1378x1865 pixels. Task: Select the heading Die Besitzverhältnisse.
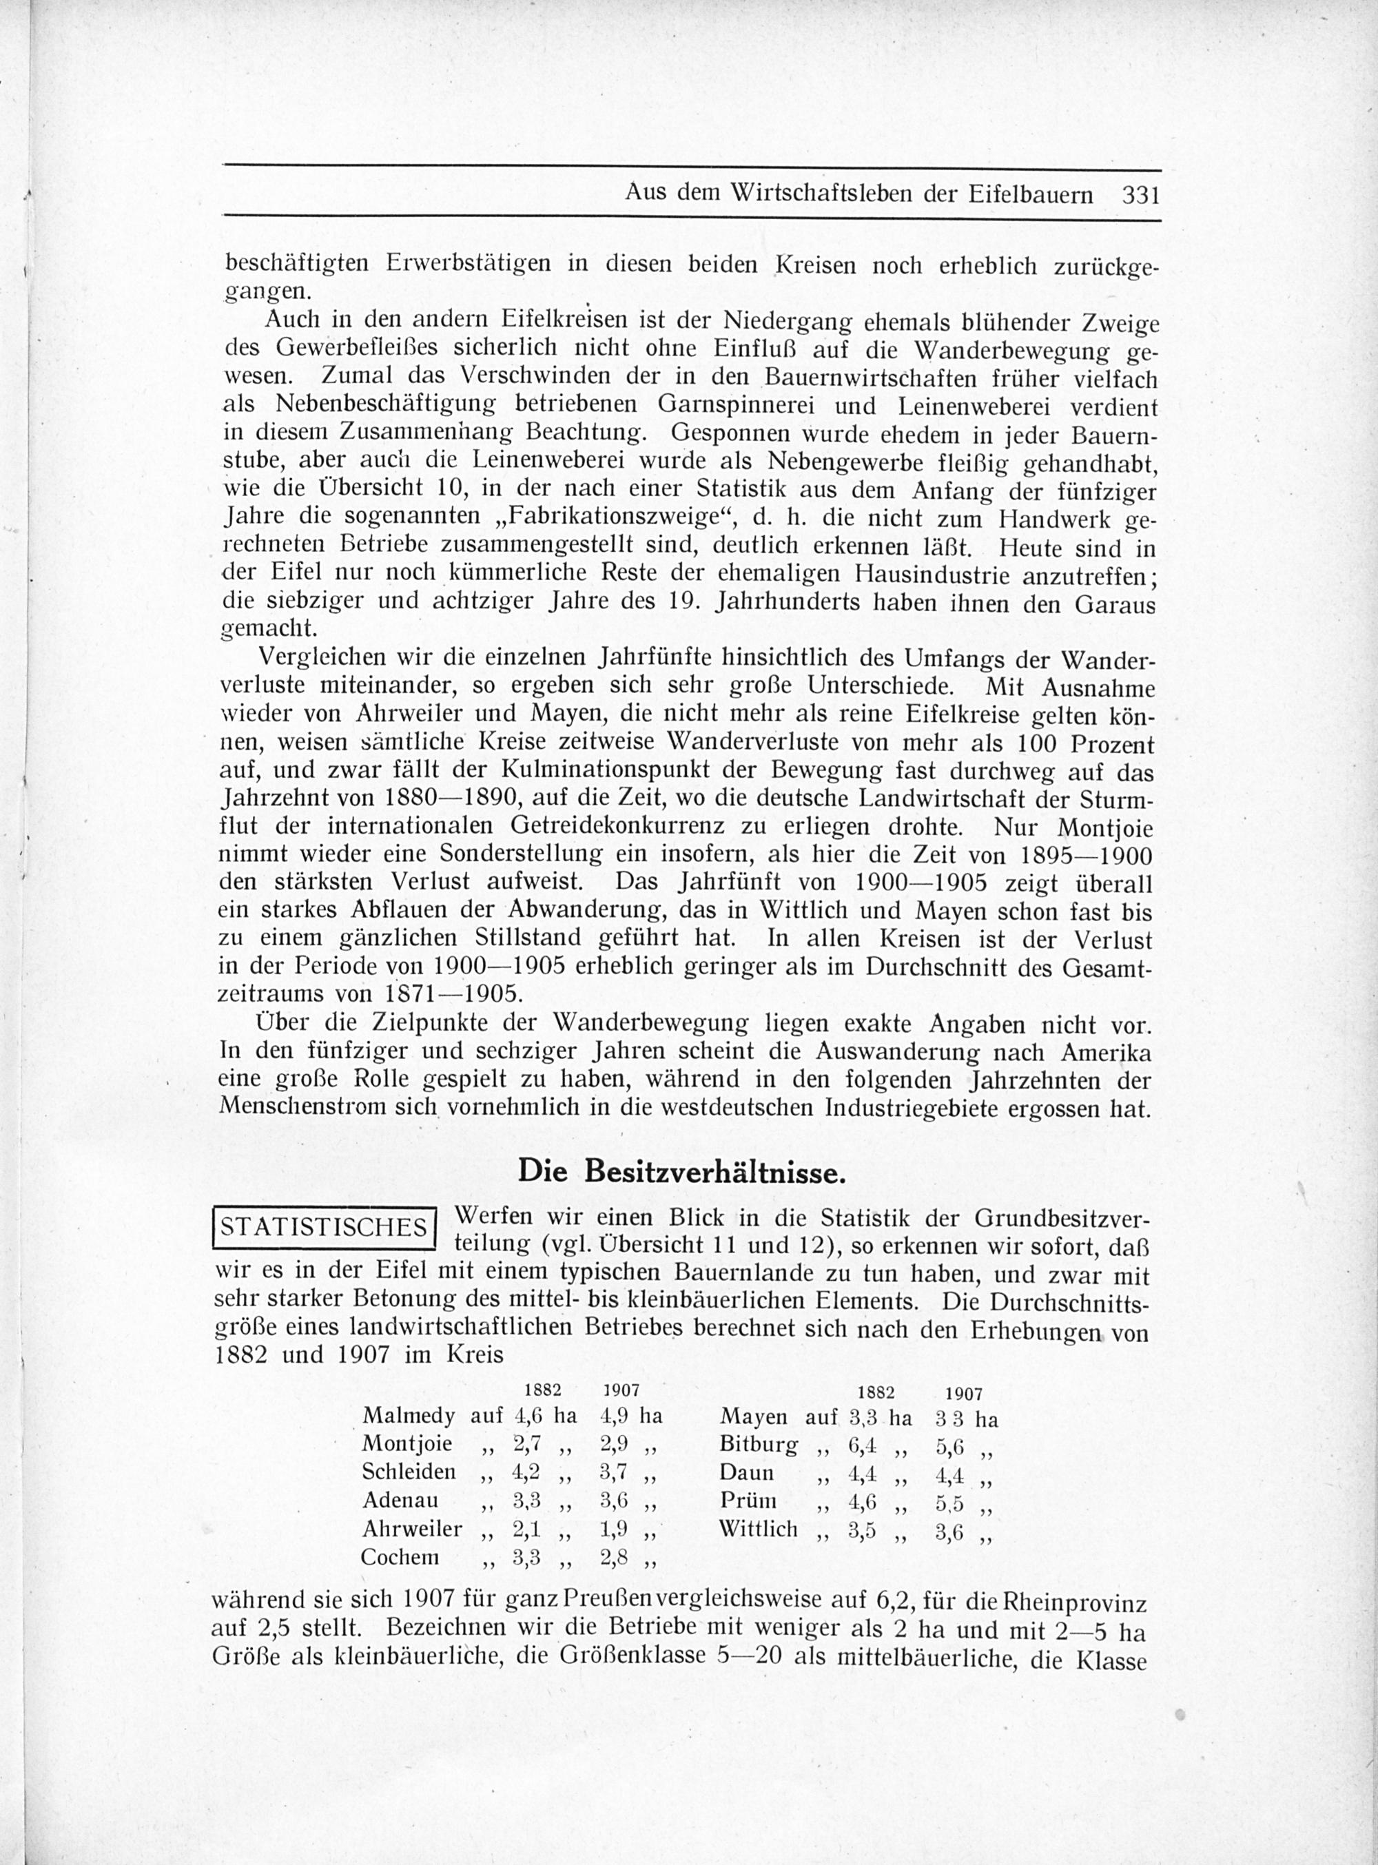pyautogui.click(x=682, y=1172)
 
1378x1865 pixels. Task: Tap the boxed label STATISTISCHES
pyautogui.click(x=325, y=1228)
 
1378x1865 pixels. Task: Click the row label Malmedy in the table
pyautogui.click(x=409, y=1415)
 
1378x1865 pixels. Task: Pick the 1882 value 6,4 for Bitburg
pyautogui.click(x=861, y=1444)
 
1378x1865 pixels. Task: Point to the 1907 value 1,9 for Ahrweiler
pyautogui.click(x=613, y=1529)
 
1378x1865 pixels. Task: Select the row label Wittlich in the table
pyautogui.click(x=758, y=1529)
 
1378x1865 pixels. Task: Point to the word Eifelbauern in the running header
pyautogui.click(x=1031, y=195)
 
